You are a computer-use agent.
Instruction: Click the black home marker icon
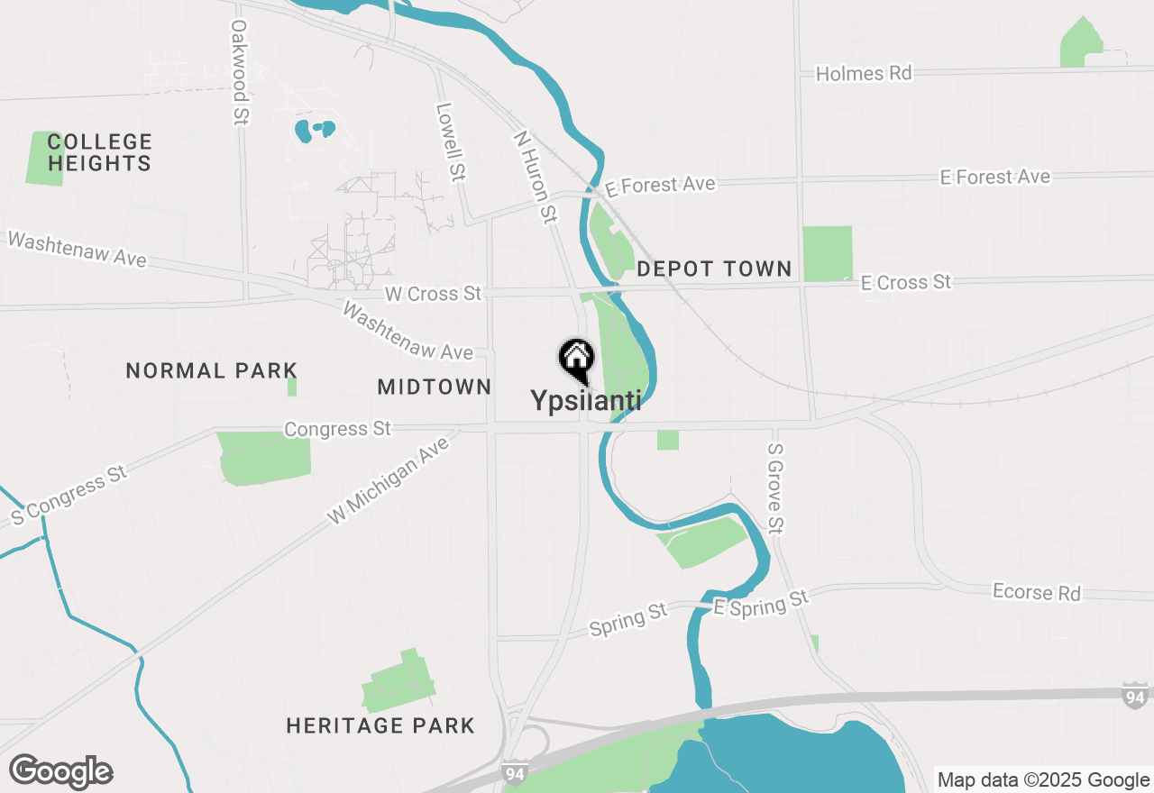[576, 359]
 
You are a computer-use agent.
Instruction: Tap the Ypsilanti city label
[586, 400]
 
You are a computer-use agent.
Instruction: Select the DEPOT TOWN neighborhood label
[714, 269]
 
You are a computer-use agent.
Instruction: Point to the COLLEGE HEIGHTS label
[99, 152]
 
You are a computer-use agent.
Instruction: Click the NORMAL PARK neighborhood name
[211, 370]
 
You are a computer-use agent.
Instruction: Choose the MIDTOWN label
[435, 387]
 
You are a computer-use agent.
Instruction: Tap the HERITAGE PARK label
[380, 725]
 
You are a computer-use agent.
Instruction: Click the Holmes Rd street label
[864, 74]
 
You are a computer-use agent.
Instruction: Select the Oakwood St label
[239, 73]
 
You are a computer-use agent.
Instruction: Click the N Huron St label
[535, 176]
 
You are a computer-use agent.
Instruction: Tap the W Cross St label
[433, 294]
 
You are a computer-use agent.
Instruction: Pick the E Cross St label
[905, 282]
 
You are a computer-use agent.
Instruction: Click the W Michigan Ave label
[388, 480]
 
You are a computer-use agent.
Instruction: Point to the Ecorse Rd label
[1036, 592]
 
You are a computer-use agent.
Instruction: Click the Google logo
[61, 771]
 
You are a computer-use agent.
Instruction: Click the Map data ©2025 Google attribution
[1043, 780]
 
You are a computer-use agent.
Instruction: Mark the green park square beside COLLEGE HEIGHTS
[45, 159]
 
